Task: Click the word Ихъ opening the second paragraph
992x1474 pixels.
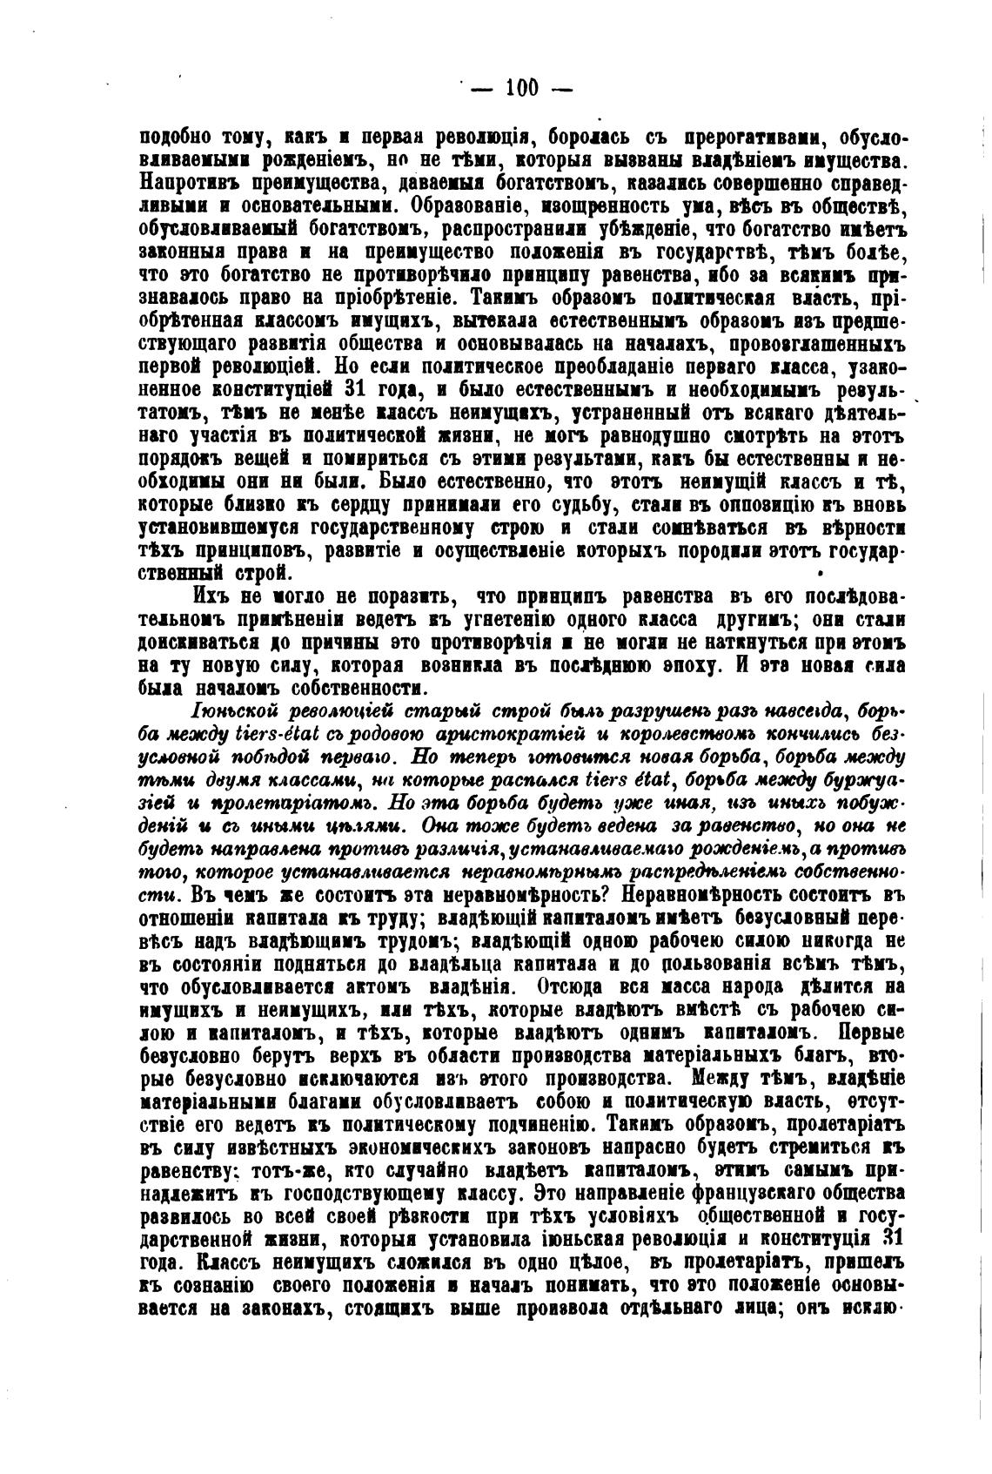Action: click(x=211, y=597)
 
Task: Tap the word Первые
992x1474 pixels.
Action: click(x=868, y=1033)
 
